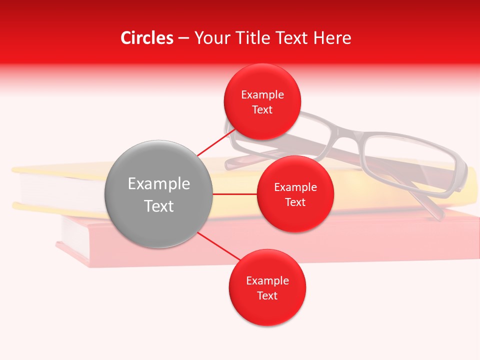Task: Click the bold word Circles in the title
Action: click(146, 38)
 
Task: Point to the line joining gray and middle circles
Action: click(234, 194)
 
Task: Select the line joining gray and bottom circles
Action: click(218, 247)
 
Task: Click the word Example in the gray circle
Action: click(159, 184)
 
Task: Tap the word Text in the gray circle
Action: click(159, 206)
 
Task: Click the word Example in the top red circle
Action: click(262, 95)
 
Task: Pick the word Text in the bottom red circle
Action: click(267, 295)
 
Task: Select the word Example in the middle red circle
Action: click(295, 187)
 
